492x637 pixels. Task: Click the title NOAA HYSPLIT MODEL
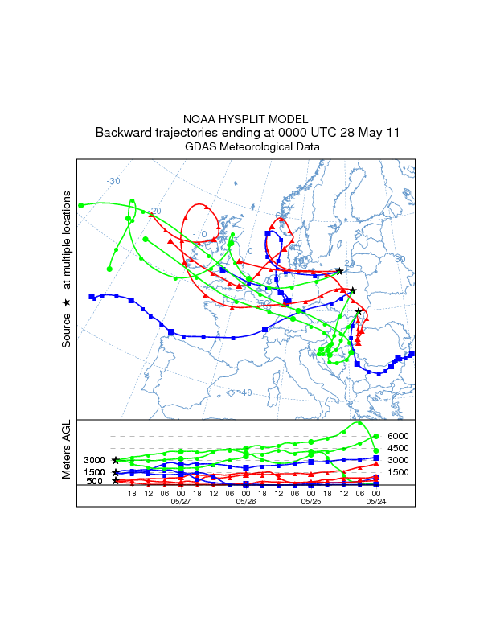tap(245, 118)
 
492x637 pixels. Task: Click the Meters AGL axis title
tap(66, 450)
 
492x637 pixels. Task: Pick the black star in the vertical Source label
tap(67, 302)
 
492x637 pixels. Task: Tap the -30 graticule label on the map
tap(113, 181)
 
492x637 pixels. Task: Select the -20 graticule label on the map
tap(155, 211)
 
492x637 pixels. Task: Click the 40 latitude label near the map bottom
tap(246, 392)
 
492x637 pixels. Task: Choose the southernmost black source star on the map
tap(359, 311)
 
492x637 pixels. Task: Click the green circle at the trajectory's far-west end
tap(81, 205)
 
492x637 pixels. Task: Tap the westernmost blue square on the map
tap(92, 296)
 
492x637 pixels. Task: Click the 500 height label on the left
tap(94, 481)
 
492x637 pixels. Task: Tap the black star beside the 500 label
tap(116, 480)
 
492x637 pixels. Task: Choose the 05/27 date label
tap(181, 501)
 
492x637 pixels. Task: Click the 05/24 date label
tap(377, 501)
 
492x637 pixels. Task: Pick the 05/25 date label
tap(311, 501)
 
